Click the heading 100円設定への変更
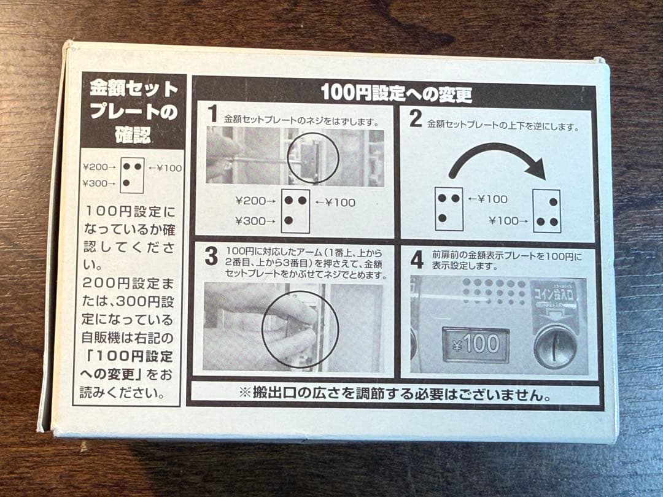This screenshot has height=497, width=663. click(396, 93)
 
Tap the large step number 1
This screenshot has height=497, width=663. click(213, 115)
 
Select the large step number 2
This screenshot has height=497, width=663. click(416, 118)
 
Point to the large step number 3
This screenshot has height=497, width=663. click(211, 256)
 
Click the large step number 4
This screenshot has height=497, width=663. click(417, 259)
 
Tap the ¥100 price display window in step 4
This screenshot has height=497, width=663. click(476, 344)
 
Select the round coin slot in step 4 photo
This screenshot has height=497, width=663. click(555, 346)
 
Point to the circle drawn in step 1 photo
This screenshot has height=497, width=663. click(312, 156)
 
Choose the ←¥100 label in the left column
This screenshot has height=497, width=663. click(165, 168)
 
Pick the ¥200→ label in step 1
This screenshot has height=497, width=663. click(255, 201)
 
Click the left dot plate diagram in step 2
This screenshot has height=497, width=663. click(449, 209)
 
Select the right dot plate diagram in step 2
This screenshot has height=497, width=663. click(546, 211)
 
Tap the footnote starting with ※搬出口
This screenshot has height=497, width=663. click(395, 394)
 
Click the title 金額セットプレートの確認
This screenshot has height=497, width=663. click(134, 112)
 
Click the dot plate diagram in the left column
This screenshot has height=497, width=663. click(131, 175)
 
